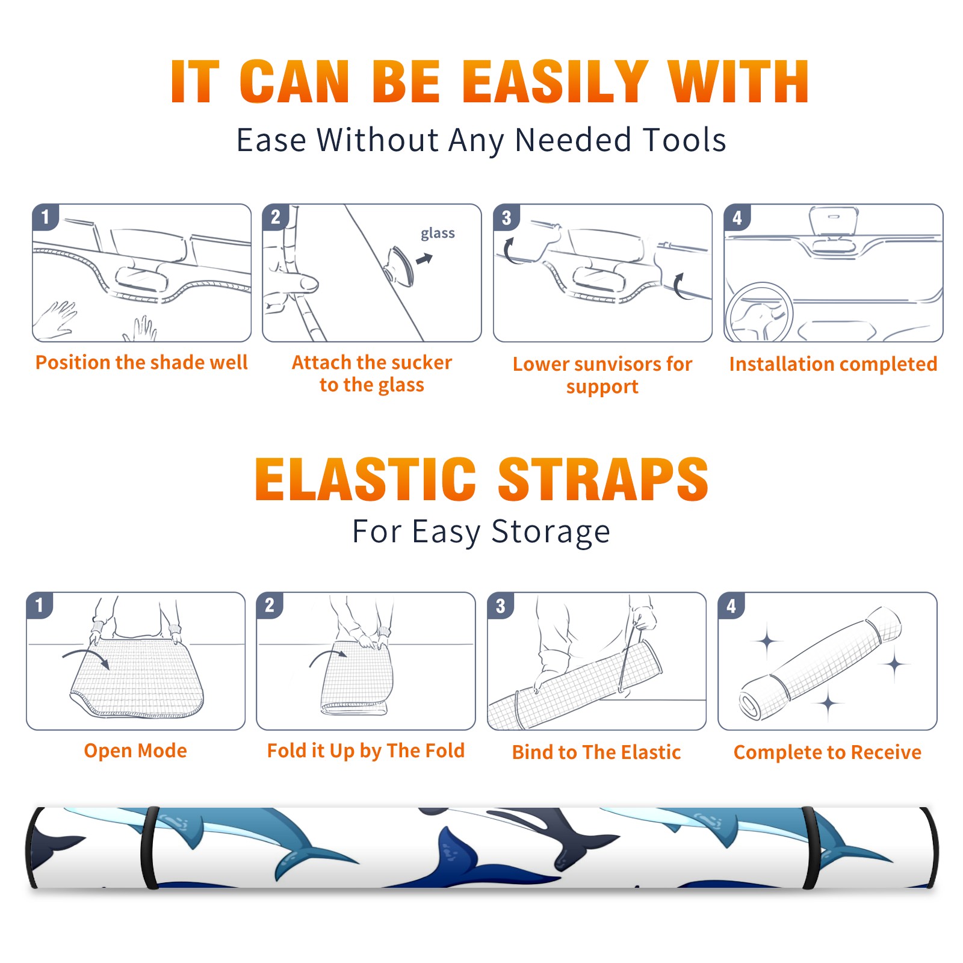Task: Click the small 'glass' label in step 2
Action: tap(438, 234)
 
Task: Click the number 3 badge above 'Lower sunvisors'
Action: tap(506, 218)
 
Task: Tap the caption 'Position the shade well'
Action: tap(141, 362)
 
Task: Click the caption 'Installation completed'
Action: tap(833, 364)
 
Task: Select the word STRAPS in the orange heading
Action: tap(603, 479)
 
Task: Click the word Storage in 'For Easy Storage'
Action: tap(551, 532)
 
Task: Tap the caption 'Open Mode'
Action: tap(135, 751)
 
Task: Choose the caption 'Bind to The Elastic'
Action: tap(596, 752)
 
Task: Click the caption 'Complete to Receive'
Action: tap(828, 752)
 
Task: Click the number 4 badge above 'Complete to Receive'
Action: tap(731, 605)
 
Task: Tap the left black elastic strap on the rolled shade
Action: tap(149, 847)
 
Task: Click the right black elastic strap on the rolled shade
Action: tap(810, 848)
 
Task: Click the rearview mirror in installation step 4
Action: tap(833, 221)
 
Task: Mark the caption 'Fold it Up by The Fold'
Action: tap(366, 751)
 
